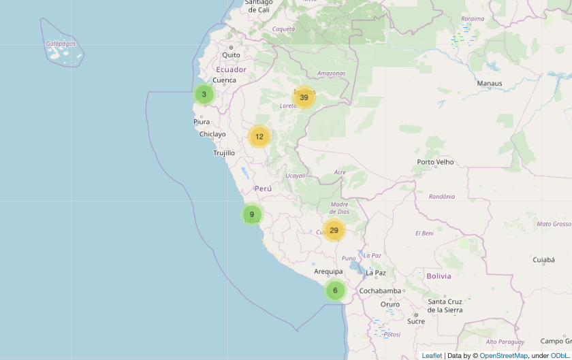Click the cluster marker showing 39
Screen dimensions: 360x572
(304, 97)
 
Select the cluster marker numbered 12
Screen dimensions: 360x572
(259, 137)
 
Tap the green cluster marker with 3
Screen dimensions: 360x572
(204, 95)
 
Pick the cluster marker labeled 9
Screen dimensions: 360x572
(252, 214)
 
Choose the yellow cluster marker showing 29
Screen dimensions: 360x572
(334, 231)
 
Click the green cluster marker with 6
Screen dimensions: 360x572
(335, 291)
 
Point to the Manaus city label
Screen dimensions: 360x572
(490, 84)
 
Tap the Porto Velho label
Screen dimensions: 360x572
(435, 162)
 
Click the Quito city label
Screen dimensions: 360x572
(231, 55)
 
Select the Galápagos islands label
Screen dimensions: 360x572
(61, 44)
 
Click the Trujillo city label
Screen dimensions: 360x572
(224, 153)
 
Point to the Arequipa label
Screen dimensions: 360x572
(328, 272)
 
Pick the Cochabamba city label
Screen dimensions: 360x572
(380, 291)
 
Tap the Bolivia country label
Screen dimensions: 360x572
(439, 276)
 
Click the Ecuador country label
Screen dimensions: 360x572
(231, 69)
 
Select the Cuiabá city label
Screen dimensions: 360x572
(545, 260)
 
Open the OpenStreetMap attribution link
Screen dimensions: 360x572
(504, 355)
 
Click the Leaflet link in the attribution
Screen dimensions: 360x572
(432, 355)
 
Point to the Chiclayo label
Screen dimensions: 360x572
(212, 134)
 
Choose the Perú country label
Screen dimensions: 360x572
(263, 188)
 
